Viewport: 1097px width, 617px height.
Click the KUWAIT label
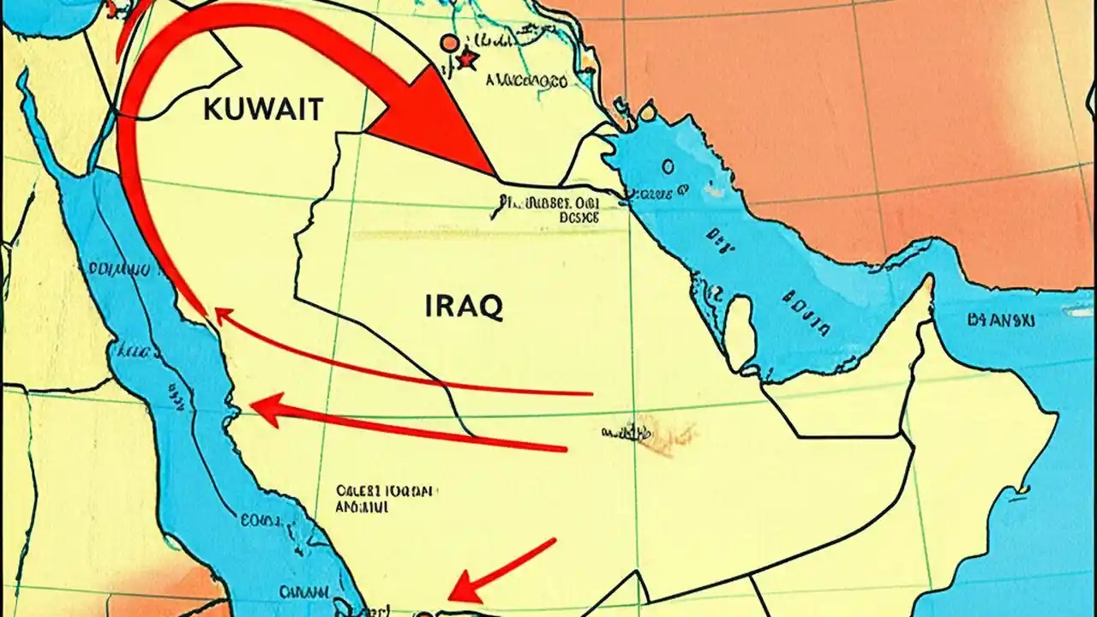264,110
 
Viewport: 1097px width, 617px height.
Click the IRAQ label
464,306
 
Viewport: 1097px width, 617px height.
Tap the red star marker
467,59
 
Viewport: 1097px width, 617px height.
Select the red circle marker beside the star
448,42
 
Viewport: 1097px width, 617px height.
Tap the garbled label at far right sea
1001,321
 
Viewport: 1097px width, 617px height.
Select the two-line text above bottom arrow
386,500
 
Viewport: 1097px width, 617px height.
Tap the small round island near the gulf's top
647,110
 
